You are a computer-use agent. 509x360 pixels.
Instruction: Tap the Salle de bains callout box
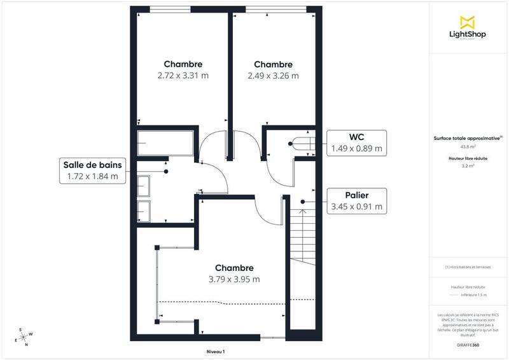click(x=92, y=170)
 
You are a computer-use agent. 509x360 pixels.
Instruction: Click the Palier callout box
click(x=356, y=200)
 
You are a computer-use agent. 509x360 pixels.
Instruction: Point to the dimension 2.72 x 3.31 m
click(x=183, y=75)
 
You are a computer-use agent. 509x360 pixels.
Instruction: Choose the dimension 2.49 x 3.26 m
click(x=273, y=75)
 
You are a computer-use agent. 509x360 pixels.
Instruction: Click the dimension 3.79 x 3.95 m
click(x=234, y=279)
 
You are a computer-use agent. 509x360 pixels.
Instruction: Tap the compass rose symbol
click(x=25, y=337)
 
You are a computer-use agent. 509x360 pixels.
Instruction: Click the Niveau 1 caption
click(x=216, y=351)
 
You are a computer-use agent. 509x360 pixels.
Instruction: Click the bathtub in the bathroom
click(x=162, y=146)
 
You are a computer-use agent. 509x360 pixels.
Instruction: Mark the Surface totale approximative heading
click(x=468, y=137)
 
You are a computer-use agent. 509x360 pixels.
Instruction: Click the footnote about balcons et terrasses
click(x=468, y=267)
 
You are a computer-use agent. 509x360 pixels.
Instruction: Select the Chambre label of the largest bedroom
click(x=234, y=268)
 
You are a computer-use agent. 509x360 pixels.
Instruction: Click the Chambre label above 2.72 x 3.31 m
click(x=183, y=64)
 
